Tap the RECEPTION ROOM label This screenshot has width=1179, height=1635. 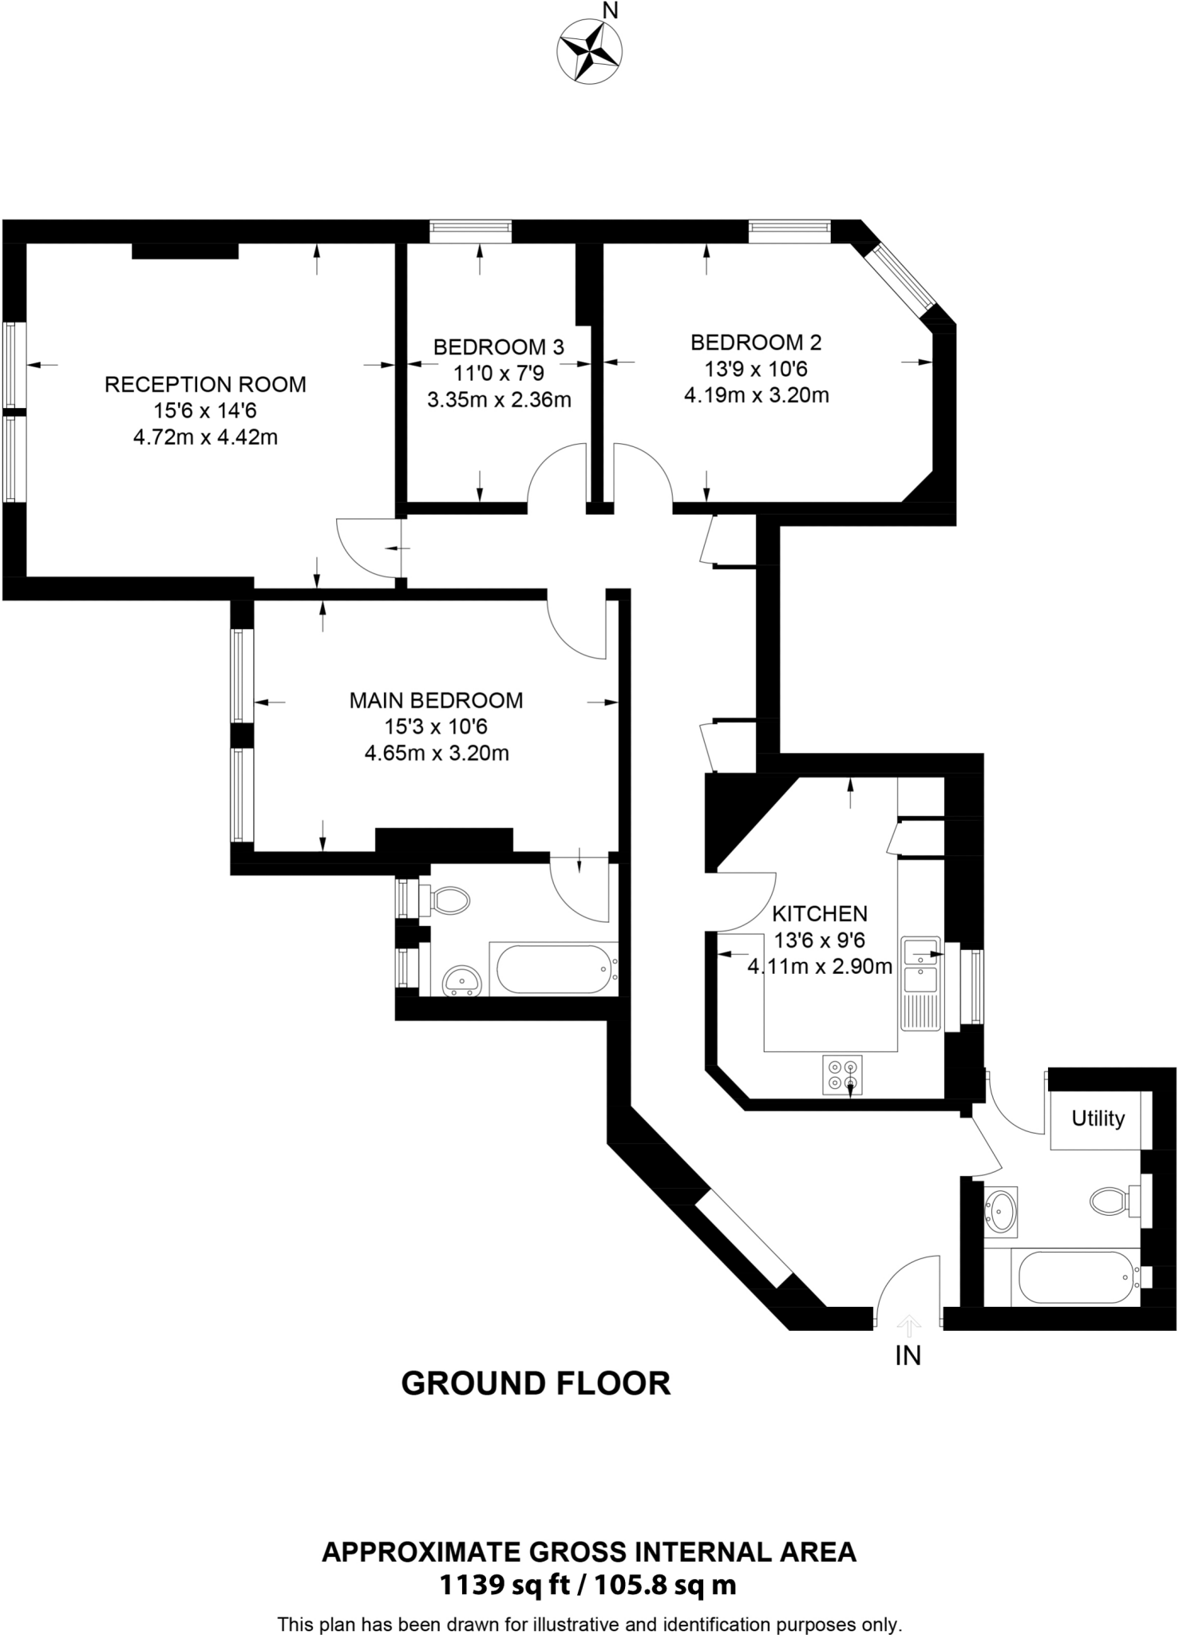coord(205,385)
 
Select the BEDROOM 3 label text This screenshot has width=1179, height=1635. coord(498,347)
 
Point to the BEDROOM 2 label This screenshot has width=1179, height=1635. coord(755,342)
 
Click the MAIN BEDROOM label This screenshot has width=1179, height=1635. coord(436,700)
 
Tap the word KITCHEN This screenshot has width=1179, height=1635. coord(819,913)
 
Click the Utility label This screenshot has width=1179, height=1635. coord(1098,1118)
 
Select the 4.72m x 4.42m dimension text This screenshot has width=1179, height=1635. coord(205,437)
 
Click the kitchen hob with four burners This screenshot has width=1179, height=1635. coord(843,1075)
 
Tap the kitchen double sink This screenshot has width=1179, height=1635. coord(920,965)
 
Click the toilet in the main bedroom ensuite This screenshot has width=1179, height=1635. coord(449,901)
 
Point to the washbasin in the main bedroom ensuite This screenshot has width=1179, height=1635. coord(461,980)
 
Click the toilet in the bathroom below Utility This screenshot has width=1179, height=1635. coord(1110,1200)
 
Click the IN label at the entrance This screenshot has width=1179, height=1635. coord(908,1356)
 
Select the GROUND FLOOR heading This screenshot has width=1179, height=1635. coord(536,1384)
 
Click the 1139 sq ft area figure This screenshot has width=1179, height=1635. coord(504,1585)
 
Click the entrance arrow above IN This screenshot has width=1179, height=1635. coord(908,1326)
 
